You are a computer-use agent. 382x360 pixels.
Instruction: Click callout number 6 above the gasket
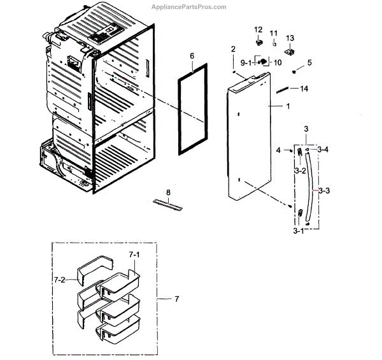tap(192, 56)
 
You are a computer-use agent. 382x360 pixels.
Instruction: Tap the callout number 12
tap(258, 30)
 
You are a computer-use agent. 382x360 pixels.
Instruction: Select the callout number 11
tap(274, 33)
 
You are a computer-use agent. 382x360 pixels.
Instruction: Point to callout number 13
tap(290, 38)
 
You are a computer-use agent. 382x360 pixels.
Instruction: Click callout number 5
tap(309, 62)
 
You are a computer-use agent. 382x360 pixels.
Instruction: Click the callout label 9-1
tap(246, 62)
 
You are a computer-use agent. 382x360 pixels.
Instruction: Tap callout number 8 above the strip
tap(168, 192)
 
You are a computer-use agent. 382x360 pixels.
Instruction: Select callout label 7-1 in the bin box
tap(134, 255)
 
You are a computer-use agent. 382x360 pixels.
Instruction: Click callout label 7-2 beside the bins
tap(60, 279)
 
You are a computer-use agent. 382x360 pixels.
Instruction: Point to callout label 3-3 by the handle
tap(323, 190)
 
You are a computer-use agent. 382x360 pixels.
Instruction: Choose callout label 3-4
tap(323, 150)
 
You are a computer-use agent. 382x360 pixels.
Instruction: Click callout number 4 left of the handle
tap(278, 150)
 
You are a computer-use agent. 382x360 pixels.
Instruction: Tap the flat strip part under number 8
tap(167, 204)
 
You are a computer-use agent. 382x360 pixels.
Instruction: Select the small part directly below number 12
tap(259, 43)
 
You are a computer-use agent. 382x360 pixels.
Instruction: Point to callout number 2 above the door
tap(233, 49)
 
